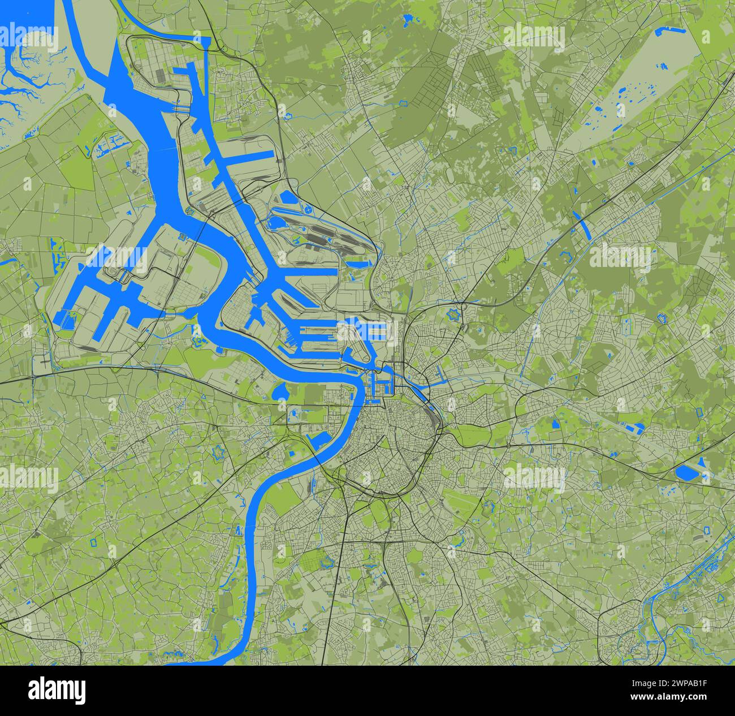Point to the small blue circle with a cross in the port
pyautogui.click(x=309, y=210)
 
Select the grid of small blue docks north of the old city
pyautogui.click(x=381, y=384)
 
